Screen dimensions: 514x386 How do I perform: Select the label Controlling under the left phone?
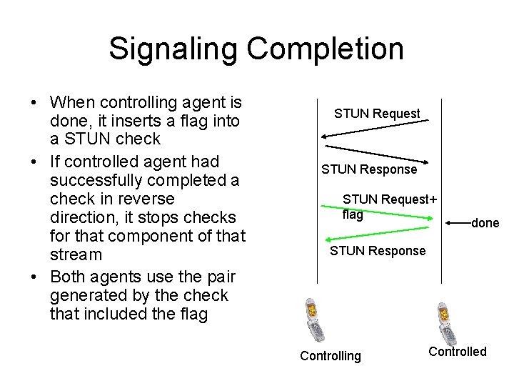(x=331, y=356)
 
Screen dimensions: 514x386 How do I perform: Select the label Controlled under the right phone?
(x=457, y=351)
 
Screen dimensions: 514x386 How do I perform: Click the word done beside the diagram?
(x=485, y=223)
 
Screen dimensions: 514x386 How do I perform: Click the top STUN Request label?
(x=377, y=113)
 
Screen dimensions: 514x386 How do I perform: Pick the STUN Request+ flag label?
(x=389, y=206)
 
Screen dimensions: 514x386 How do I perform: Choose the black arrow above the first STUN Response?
(x=371, y=152)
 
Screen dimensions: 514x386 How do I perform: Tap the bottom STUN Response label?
(x=377, y=250)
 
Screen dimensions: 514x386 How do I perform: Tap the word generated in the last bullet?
(x=86, y=295)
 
